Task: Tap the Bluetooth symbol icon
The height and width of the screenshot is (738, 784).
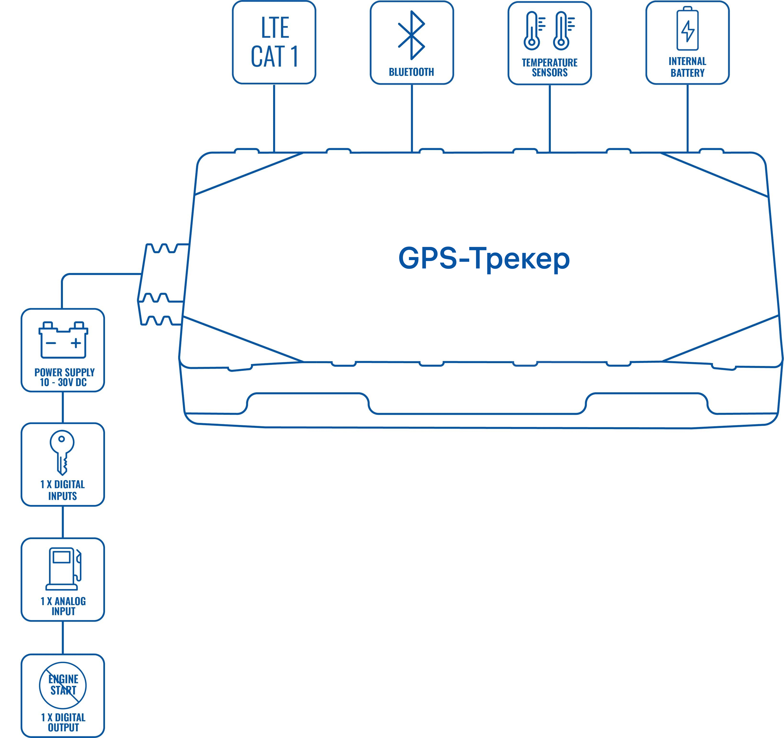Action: pyautogui.click(x=411, y=35)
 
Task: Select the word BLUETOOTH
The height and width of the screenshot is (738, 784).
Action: pyautogui.click(x=411, y=72)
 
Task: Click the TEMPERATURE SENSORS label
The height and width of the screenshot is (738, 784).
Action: pyautogui.click(x=549, y=67)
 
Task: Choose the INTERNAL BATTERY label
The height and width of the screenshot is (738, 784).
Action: pyautogui.click(x=687, y=67)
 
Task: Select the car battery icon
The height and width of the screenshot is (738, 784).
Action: pyautogui.click(x=63, y=339)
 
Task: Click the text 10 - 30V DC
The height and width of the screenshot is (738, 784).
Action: pyautogui.click(x=63, y=383)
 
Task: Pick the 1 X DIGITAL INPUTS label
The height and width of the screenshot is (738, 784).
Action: pyautogui.click(x=63, y=490)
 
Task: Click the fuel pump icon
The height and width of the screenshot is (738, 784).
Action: pyautogui.click(x=64, y=568)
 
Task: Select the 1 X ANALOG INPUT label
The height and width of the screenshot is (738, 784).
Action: pyautogui.click(x=63, y=606)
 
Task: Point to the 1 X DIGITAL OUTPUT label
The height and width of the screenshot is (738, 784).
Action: pyautogui.click(x=63, y=722)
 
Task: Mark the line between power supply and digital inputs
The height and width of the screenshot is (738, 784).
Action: pyautogui.click(x=63, y=407)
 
